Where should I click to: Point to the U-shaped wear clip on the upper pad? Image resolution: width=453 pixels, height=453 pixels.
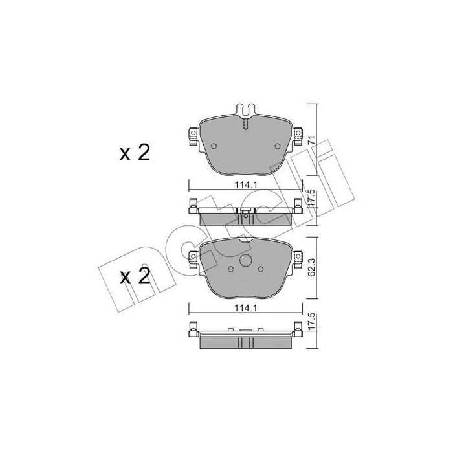click(245, 110)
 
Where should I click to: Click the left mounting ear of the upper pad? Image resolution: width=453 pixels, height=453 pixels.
click(192, 135)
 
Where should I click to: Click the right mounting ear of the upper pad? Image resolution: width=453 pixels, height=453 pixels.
click(298, 135)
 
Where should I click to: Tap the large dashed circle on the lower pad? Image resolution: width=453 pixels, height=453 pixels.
click(245, 261)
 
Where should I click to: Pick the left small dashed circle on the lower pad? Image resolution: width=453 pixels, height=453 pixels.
click(231, 269)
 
